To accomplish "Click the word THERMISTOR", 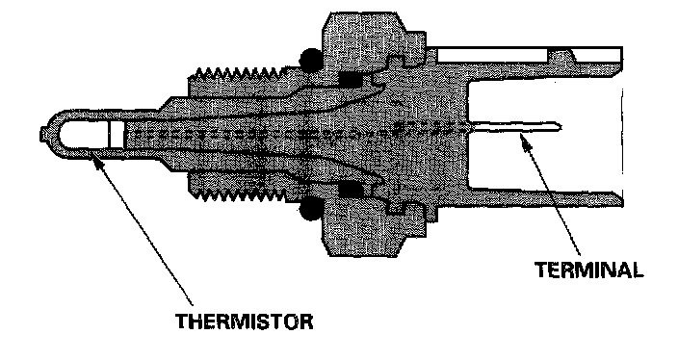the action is coord(245,321).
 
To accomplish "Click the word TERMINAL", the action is coord(589,270).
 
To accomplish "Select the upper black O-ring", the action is coord(311,60).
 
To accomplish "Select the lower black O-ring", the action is coord(310,209).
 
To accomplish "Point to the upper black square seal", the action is coord(351,79).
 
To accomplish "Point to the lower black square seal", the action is coord(351,190).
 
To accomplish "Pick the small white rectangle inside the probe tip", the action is coord(117,135).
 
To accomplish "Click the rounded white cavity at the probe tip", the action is coord(84,135).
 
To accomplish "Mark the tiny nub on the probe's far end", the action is coord(42,135).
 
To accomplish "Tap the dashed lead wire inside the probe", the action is coord(299,132).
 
